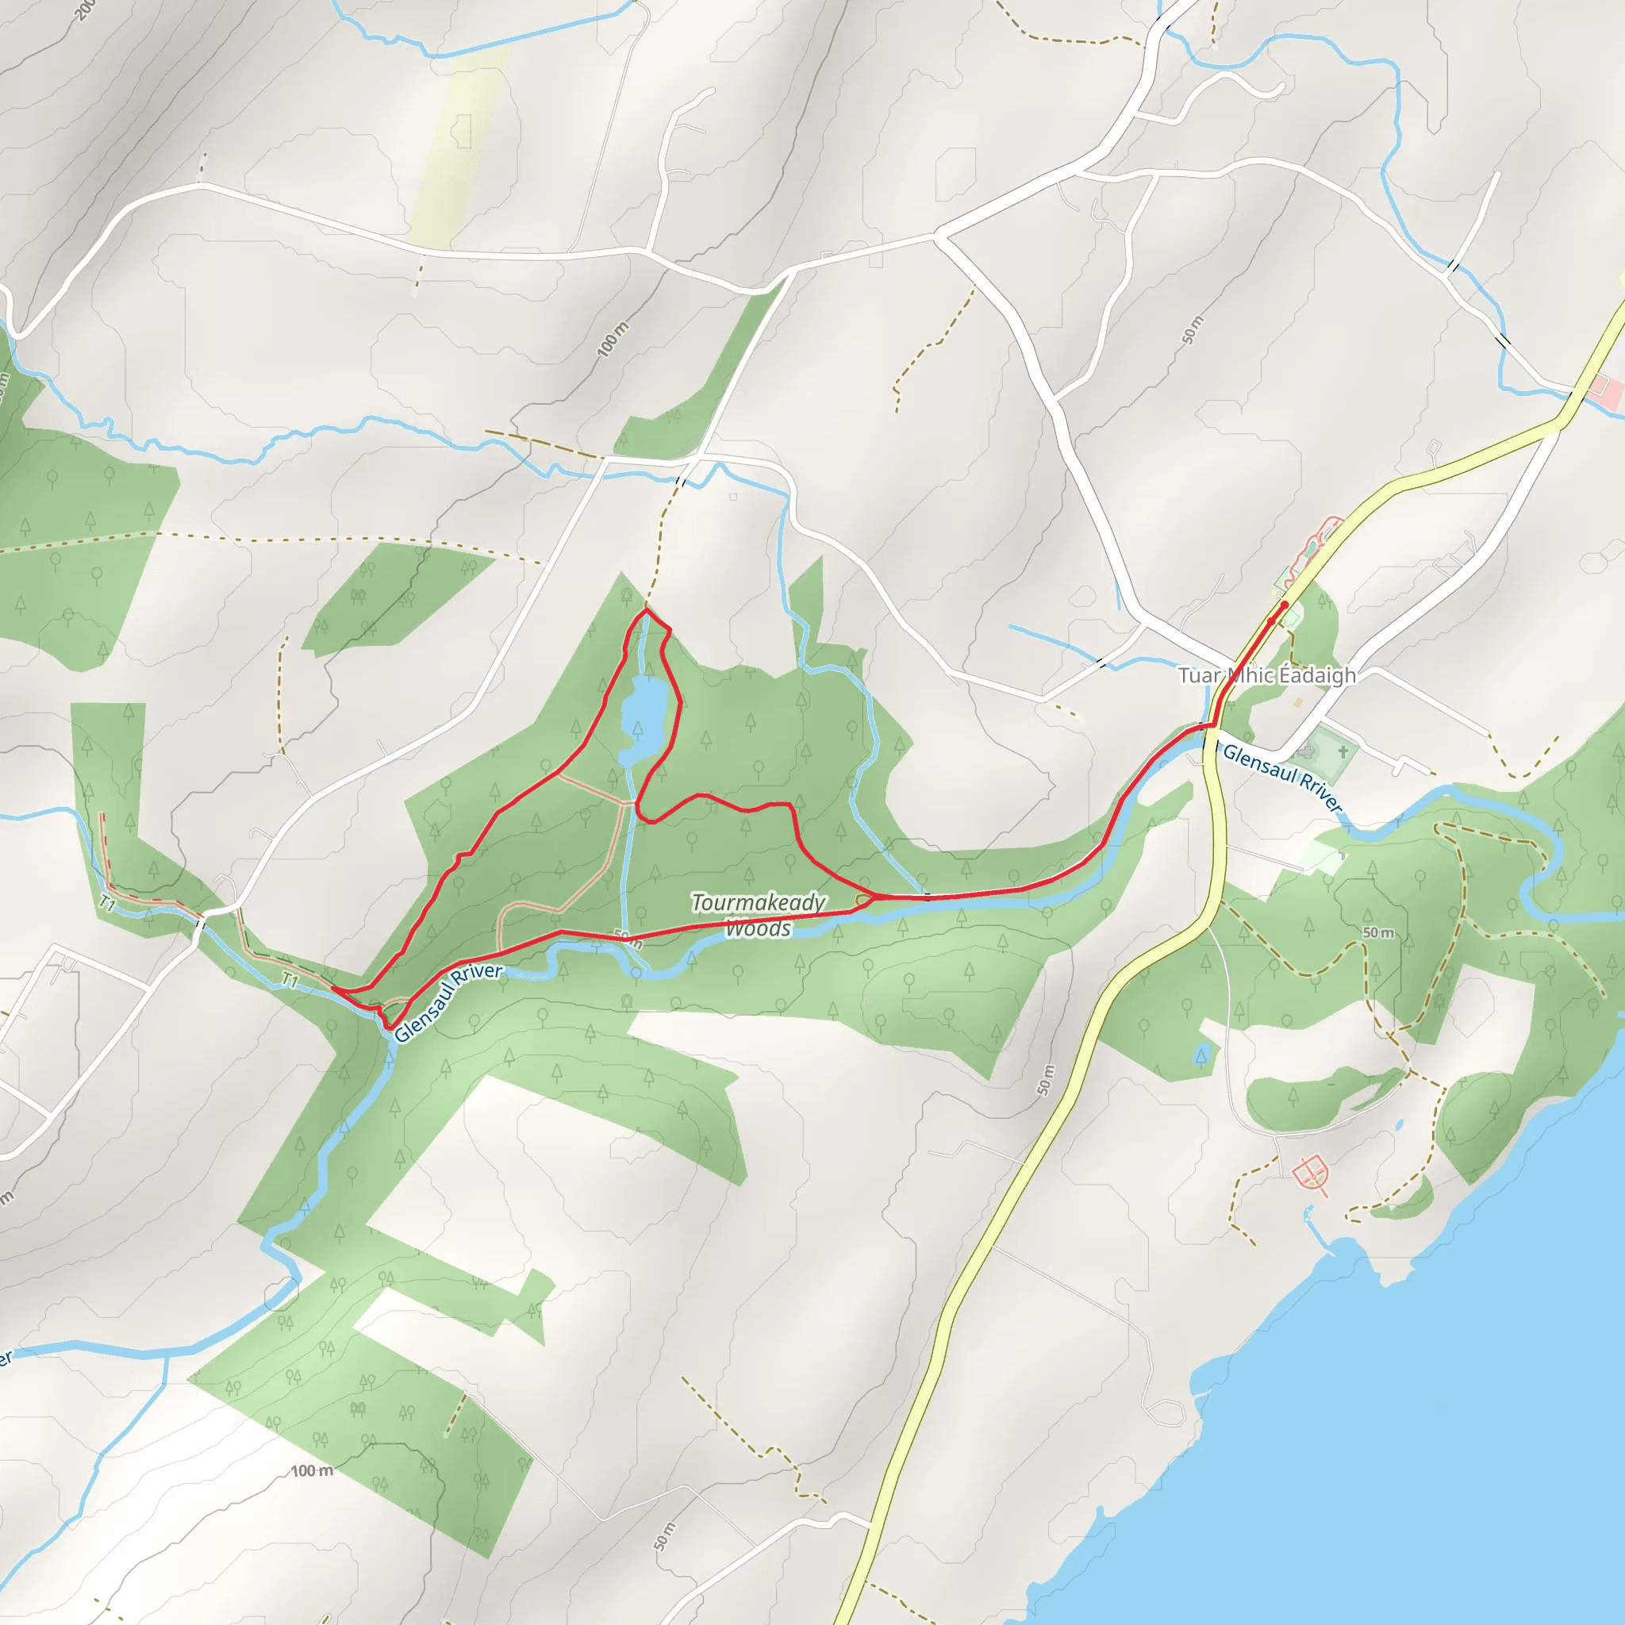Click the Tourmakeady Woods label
pyautogui.click(x=758, y=915)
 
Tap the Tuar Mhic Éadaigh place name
pyautogui.click(x=1266, y=675)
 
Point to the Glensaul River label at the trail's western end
pyautogui.click(x=448, y=1002)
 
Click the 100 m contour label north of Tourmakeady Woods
pyautogui.click(x=613, y=339)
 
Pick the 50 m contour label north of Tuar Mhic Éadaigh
pyautogui.click(x=1192, y=330)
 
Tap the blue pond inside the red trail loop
pyautogui.click(x=644, y=719)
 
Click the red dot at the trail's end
pyautogui.click(x=1285, y=604)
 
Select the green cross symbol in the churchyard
pyautogui.click(x=1343, y=751)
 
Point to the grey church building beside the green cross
pyautogui.click(x=1305, y=751)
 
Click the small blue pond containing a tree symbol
pyautogui.click(x=1201, y=1054)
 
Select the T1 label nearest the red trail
pyautogui.click(x=290, y=980)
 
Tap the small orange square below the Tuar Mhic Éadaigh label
pyautogui.click(x=1298, y=701)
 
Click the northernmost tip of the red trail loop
pyautogui.click(x=646, y=611)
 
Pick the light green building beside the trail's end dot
pyautogui.click(x=1291, y=619)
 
